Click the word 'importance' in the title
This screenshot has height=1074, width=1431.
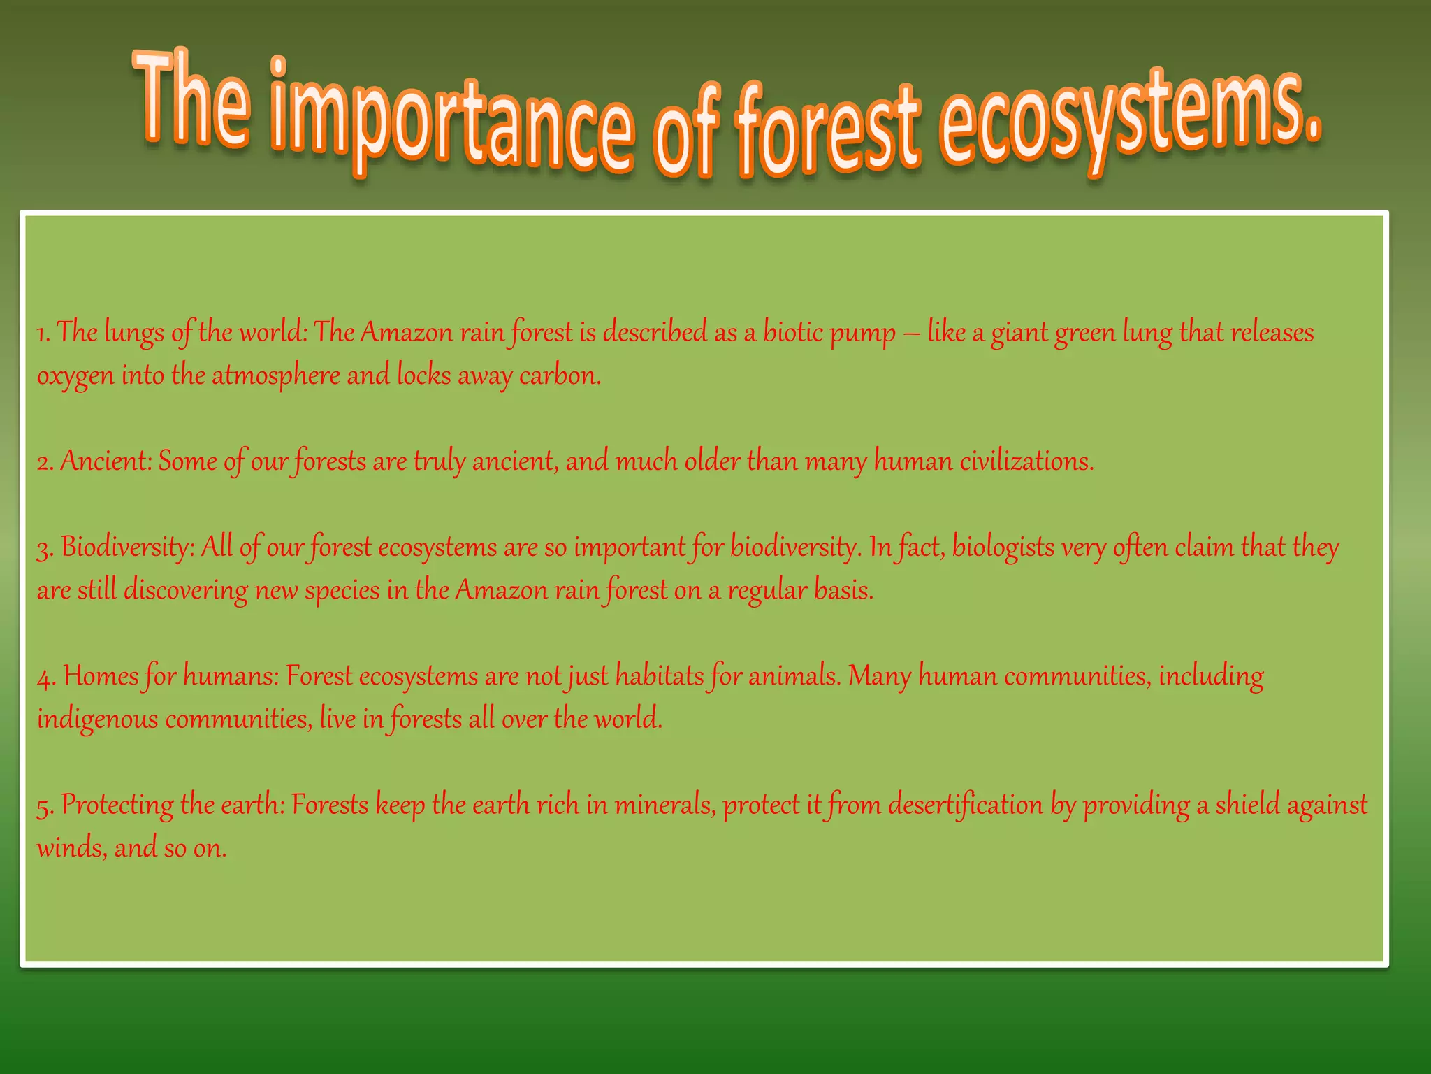(x=451, y=119)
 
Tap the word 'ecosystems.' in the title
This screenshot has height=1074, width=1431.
(x=1128, y=119)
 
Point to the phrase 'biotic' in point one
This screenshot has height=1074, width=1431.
(x=792, y=332)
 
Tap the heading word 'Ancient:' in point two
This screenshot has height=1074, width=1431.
(x=106, y=461)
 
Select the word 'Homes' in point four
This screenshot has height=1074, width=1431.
(x=100, y=676)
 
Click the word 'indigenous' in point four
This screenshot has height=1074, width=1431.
(x=97, y=719)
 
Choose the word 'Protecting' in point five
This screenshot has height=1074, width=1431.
(x=117, y=805)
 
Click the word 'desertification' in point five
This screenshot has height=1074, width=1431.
(x=965, y=805)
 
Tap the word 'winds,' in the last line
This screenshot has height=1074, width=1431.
(x=71, y=849)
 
